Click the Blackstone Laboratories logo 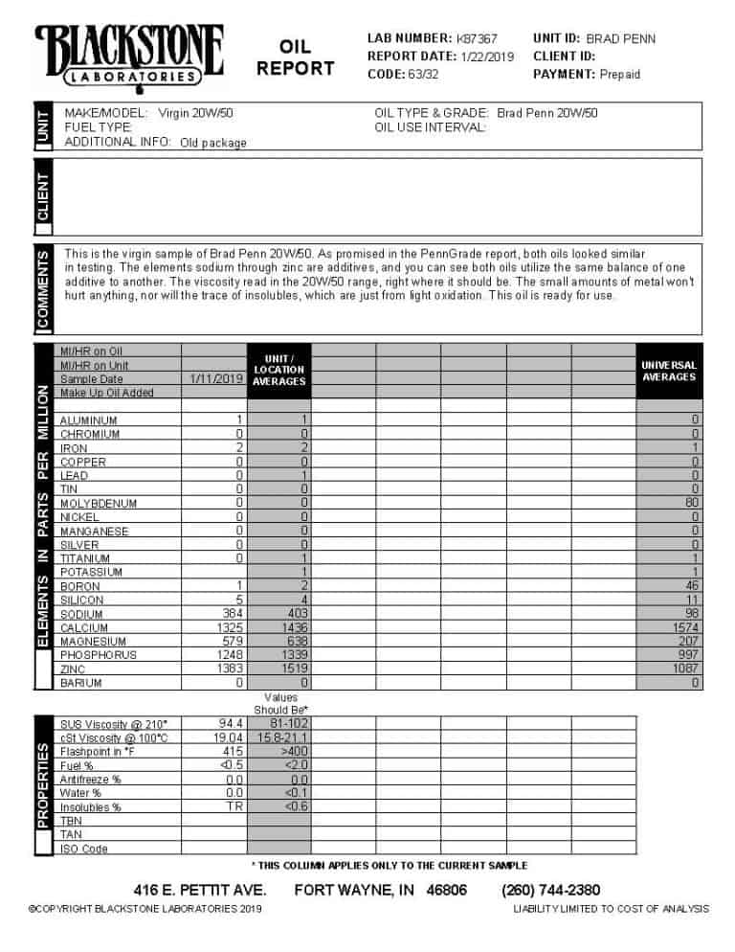coord(129,56)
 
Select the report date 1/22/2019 coord(487,57)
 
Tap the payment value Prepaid coord(620,75)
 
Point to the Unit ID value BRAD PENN coord(620,39)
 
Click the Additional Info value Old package coord(212,143)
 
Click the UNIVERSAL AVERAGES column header coord(668,372)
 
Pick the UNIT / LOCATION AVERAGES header coord(279,370)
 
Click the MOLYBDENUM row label coord(98,504)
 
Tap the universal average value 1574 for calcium coord(684,628)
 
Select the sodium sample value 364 coord(233,614)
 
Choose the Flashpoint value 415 coord(233,752)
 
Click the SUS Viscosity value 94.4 coord(231,724)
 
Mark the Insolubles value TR coord(235,807)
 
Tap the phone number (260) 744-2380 coord(550,890)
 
